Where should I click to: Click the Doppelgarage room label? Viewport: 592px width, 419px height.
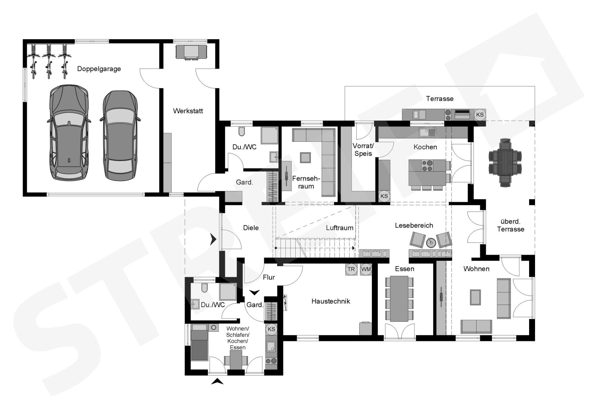point(99,69)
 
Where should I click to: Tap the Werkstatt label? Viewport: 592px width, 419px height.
point(188,111)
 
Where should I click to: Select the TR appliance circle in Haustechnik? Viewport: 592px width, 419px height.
point(351,269)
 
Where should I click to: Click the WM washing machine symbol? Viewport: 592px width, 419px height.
point(366,269)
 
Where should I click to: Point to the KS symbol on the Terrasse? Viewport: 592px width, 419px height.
point(480,114)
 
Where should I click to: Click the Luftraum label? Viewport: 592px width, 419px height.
point(339,228)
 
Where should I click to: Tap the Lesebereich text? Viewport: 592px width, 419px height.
point(414,225)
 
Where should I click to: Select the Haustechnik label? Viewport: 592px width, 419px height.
point(330,301)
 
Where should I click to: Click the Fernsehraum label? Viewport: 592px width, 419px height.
point(306,182)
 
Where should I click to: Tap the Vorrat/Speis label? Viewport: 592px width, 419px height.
point(363,150)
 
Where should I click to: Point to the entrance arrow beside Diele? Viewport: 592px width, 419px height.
point(213,239)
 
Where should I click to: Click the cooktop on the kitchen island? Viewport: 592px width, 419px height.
point(427,165)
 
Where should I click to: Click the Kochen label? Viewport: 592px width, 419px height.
point(425,147)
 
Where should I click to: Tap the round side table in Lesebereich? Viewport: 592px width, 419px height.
point(431,243)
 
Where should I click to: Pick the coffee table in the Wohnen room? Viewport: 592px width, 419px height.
point(475,297)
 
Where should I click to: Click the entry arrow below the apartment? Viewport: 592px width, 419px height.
point(217,382)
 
